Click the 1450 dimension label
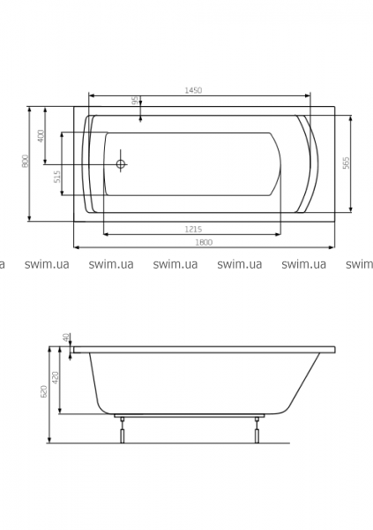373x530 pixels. pos(193,90)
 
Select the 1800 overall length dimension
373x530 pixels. pos(204,242)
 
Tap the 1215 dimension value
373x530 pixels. pos(193,229)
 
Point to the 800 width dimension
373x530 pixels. pos(25,161)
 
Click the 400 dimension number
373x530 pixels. pos(41,136)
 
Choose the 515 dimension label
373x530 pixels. pos(57,177)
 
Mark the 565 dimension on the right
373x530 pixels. pos(347,163)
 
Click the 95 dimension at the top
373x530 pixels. pos(134,100)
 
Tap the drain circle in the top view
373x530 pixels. pos(121,164)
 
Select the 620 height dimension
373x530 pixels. pos(44,391)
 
